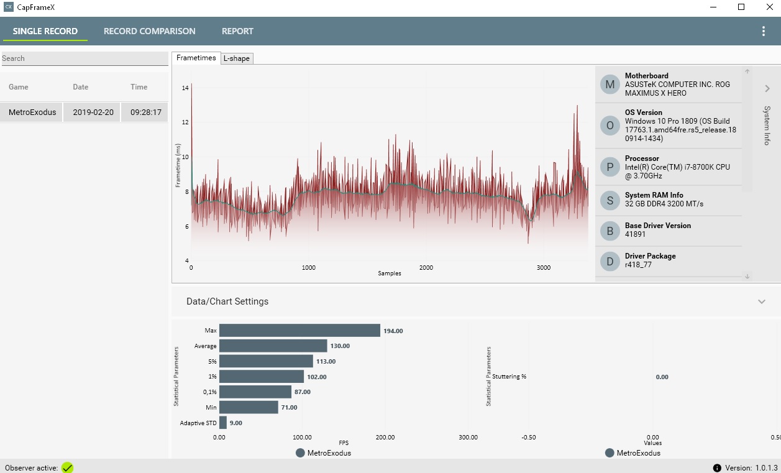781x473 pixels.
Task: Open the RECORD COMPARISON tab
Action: click(149, 31)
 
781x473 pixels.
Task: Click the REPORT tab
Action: click(237, 31)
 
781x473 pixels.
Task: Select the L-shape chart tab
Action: click(237, 58)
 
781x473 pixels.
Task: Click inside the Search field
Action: click(84, 58)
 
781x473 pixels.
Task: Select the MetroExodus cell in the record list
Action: click(32, 113)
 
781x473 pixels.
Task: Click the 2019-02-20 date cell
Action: click(93, 113)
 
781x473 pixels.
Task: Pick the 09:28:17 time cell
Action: click(145, 113)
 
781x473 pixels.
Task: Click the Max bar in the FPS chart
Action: click(299, 331)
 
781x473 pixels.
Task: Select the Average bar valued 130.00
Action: click(273, 346)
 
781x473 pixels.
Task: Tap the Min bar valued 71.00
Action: click(249, 407)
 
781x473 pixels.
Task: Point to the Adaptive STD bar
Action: click(222, 423)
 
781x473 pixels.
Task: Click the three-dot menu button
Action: click(764, 31)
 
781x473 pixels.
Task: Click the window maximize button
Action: click(741, 7)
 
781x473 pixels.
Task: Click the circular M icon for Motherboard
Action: click(610, 85)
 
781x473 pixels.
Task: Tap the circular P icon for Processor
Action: click(610, 167)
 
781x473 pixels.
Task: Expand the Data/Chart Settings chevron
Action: click(762, 301)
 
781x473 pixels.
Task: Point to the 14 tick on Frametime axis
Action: click(185, 88)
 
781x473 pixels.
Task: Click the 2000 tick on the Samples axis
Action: click(426, 268)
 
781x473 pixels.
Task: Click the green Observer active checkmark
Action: click(67, 467)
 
